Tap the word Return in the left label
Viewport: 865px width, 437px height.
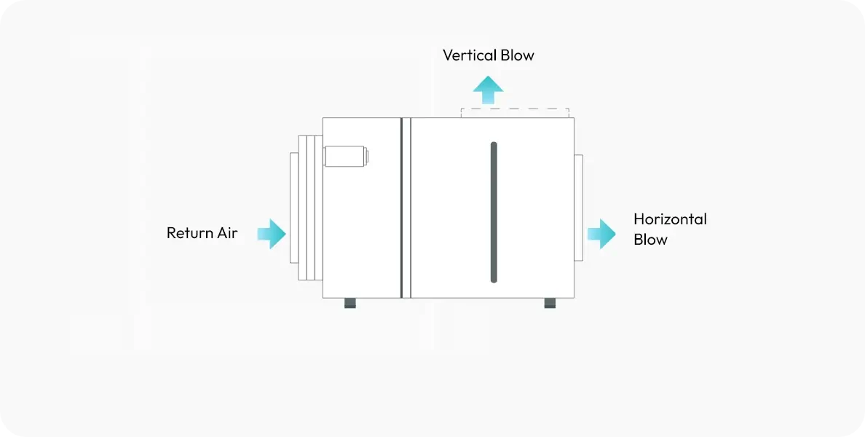coord(189,233)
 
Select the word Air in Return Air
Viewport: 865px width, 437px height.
coord(226,233)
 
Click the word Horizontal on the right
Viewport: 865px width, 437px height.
coord(670,219)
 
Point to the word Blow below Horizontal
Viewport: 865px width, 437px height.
coord(650,240)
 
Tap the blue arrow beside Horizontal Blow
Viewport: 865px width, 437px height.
coord(601,234)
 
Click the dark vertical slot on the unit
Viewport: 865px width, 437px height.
coord(494,211)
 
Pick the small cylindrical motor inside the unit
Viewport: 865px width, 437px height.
coord(344,156)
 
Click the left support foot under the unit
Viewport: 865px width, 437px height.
coord(350,303)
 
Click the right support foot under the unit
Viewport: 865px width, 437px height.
coord(550,303)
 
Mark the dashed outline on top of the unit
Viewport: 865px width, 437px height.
coord(515,110)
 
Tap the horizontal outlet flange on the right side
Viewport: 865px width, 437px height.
coord(578,208)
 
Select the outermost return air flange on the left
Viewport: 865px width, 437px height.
coord(293,208)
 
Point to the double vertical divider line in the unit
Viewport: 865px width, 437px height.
coord(406,208)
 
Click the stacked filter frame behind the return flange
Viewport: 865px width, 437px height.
coord(310,208)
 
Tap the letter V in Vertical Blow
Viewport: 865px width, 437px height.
coord(449,55)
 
